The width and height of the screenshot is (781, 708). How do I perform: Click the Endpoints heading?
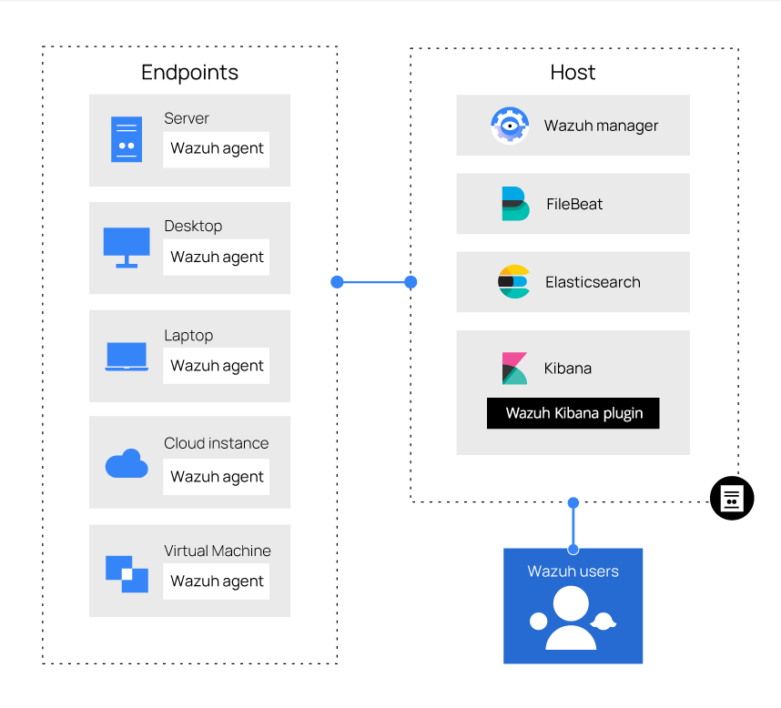pyautogui.click(x=189, y=73)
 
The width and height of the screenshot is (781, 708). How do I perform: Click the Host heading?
pyautogui.click(x=573, y=73)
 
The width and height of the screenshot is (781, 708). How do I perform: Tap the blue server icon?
pyautogui.click(x=127, y=139)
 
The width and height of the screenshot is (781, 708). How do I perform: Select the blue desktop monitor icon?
pyautogui.click(x=127, y=248)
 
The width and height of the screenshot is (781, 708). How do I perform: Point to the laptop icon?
pyautogui.click(x=127, y=357)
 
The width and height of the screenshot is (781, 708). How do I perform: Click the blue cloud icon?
pyautogui.click(x=127, y=463)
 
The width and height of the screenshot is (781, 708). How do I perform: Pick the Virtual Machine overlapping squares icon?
pyautogui.click(x=127, y=574)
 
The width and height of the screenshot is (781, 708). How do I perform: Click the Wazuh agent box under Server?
pyautogui.click(x=216, y=149)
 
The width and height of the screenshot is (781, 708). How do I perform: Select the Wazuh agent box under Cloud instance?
pyautogui.click(x=216, y=477)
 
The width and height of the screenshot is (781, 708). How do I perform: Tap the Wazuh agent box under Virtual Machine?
pyautogui.click(x=216, y=582)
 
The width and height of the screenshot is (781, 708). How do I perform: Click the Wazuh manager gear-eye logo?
pyautogui.click(x=510, y=126)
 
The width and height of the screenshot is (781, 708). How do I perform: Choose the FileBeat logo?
pyautogui.click(x=515, y=204)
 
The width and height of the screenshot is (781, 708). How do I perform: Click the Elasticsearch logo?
pyautogui.click(x=514, y=282)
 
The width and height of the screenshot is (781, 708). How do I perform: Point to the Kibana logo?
pyautogui.click(x=514, y=369)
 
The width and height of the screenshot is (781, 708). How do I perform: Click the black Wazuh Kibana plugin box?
pyautogui.click(x=573, y=413)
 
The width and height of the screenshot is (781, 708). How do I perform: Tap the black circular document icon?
pyautogui.click(x=732, y=499)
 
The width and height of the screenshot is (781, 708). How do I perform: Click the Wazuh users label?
pyautogui.click(x=573, y=571)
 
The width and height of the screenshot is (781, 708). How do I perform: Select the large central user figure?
pyautogui.click(x=571, y=618)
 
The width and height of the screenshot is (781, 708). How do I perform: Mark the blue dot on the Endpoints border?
pyautogui.click(x=337, y=282)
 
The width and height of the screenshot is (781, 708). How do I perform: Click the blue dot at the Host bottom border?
pyautogui.click(x=573, y=503)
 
